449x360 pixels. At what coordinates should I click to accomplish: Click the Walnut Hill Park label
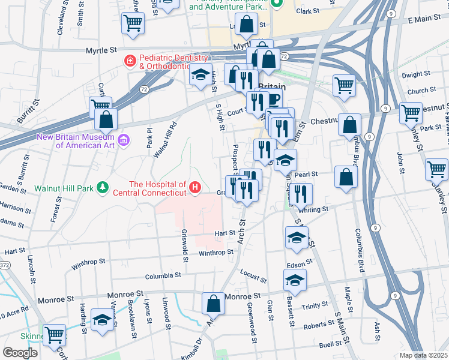64,188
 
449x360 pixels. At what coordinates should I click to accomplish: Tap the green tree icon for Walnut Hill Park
103,188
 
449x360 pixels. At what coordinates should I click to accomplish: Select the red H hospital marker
194,188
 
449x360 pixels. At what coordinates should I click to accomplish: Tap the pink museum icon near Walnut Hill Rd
124,140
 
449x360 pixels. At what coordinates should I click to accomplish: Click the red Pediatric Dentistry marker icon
129,61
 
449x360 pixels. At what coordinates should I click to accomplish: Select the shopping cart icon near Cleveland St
133,23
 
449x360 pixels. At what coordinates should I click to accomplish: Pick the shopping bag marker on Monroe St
213,304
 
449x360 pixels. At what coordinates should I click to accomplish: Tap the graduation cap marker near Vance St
101,320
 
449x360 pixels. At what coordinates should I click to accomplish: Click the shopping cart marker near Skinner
54,335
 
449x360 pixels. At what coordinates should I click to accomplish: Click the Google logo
20,353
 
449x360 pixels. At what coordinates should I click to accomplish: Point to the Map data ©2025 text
424,355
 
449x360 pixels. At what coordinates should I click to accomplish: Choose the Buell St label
334,345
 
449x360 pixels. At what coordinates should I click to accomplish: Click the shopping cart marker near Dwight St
344,85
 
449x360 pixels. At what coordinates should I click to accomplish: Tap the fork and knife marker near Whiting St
302,194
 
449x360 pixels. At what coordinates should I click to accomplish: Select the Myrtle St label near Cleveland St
100,52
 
